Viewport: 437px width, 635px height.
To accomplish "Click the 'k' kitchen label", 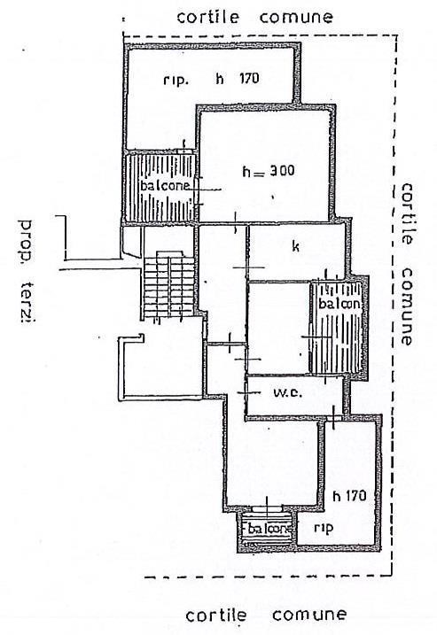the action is [296, 246].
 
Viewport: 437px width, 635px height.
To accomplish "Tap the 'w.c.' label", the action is [288, 392].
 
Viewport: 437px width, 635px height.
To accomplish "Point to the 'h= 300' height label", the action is [269, 171].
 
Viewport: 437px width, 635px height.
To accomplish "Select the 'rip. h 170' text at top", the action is [211, 78].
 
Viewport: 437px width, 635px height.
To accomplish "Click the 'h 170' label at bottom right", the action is [349, 495].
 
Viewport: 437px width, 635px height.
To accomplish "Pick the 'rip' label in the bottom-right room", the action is [324, 528].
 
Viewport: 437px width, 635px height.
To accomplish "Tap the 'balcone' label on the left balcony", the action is [165, 185].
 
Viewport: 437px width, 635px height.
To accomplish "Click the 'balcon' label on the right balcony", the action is [339, 303].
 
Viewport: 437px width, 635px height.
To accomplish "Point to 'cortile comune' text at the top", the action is [255, 17].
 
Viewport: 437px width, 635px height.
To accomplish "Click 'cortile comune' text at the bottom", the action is [266, 616].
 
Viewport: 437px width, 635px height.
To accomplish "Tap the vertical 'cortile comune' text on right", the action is [406, 265].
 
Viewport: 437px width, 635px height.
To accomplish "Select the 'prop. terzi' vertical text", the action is [27, 271].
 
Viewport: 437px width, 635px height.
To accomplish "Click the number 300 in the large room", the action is [282, 171].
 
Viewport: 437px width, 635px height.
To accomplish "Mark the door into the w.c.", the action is [247, 392].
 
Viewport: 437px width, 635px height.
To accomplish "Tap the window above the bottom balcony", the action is [267, 508].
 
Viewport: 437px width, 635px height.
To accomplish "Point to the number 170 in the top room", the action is [249, 78].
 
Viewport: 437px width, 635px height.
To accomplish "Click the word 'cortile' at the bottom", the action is [216, 616].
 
